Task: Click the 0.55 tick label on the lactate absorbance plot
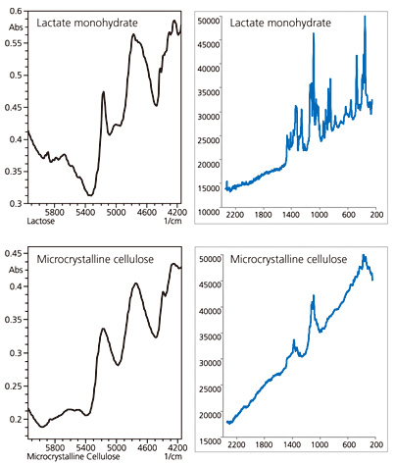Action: [14, 43]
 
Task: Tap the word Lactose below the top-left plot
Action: [40, 222]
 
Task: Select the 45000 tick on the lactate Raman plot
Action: [209, 45]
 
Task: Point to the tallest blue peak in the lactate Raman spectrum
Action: [365, 17]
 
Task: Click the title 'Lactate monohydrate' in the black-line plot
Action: [87, 23]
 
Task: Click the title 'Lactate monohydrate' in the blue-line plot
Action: [280, 23]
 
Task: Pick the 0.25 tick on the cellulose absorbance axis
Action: [14, 387]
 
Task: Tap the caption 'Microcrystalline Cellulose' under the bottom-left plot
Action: [74, 456]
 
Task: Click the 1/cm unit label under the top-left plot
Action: [173, 222]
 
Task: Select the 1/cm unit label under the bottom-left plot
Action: [173, 456]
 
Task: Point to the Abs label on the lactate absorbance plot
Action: [16, 27]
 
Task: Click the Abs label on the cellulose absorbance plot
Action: [16, 270]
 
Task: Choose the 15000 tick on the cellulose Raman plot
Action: [211, 441]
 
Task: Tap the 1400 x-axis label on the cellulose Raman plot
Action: [292, 444]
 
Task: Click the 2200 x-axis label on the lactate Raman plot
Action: [235, 215]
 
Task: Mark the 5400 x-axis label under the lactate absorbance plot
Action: [85, 212]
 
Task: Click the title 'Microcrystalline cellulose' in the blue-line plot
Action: [288, 259]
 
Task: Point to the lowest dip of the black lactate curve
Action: [90, 195]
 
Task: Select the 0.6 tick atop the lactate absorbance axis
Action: [16, 11]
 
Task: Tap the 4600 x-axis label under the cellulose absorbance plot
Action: [147, 447]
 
